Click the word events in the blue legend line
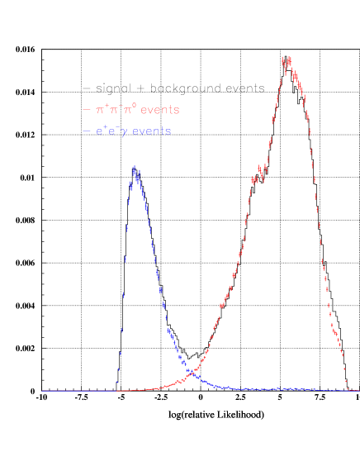[x=152, y=131]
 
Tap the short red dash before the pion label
[x=87, y=110]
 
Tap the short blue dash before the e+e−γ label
[x=87, y=131]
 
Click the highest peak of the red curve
[x=287, y=59]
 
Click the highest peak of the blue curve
[x=134, y=169]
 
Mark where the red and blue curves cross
[x=194, y=374]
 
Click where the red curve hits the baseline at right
[x=348, y=388]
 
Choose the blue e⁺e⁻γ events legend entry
[x=127, y=131]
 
